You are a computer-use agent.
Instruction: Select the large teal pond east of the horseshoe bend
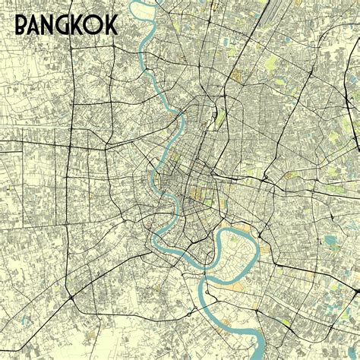tap(331, 242)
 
